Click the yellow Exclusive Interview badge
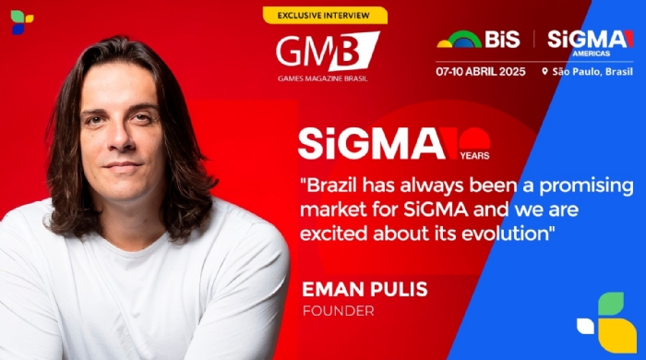coord(325,16)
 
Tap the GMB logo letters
coord(328,51)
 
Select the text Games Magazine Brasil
coord(323,78)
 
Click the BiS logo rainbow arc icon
coord(459,39)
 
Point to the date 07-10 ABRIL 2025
coord(481,72)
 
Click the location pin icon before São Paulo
coord(544,72)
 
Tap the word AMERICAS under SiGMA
coord(592,54)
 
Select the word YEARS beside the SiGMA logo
coord(474,156)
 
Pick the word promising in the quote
coord(586,186)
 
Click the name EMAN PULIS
coord(365,289)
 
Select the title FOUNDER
coord(339,311)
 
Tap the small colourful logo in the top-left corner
coord(21,22)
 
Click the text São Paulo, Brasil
coord(592,72)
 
